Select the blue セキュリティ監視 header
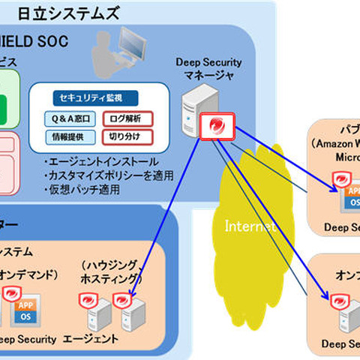[88, 97]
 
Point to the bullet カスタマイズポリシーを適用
[108, 175]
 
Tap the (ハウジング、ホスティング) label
[111, 273]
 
